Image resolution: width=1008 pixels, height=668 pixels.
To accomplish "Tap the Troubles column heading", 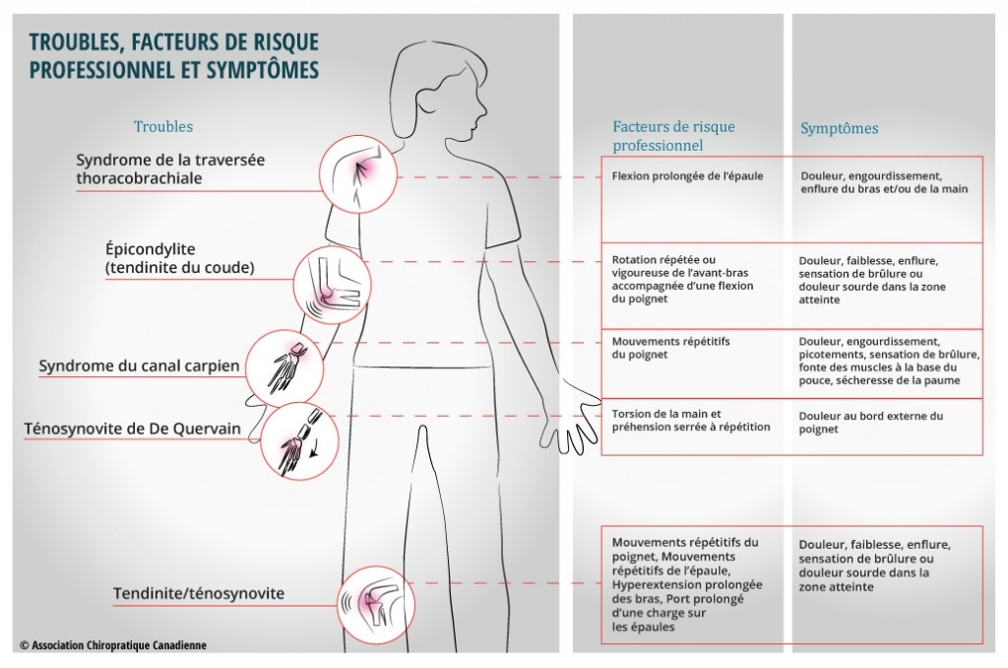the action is click(163, 126).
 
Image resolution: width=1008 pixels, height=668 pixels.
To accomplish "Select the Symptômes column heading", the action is click(839, 128).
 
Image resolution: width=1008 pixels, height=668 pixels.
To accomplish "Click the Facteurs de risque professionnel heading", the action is click(673, 136).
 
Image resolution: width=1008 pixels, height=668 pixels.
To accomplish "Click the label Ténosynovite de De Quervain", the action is click(133, 429).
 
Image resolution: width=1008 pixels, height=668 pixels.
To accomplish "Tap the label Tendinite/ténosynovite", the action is click(199, 593).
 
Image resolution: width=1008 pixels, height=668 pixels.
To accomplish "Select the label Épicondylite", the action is click(151, 249).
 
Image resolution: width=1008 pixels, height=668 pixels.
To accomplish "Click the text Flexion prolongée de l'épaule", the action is click(687, 175).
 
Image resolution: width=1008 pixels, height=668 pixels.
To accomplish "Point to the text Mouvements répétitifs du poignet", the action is click(670, 348).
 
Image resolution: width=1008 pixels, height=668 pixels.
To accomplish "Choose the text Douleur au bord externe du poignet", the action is click(870, 422).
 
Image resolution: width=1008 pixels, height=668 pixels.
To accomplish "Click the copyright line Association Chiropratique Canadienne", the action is click(113, 644).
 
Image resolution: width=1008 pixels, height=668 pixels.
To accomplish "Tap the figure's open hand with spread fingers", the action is click(574, 419).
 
